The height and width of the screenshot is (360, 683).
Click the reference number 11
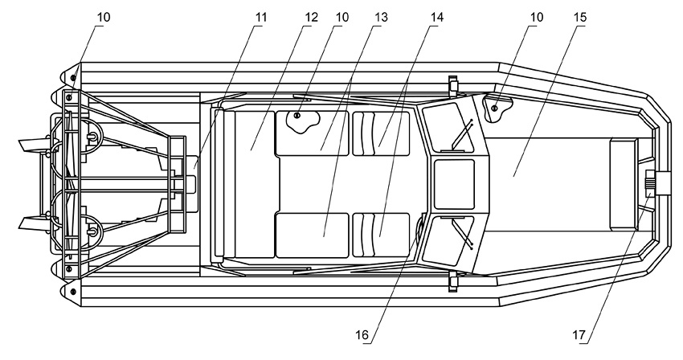(261, 18)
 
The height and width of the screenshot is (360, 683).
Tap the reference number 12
(312, 18)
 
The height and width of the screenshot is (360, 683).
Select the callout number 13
(381, 18)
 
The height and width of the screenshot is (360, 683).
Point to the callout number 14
(437, 18)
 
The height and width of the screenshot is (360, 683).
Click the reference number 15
(580, 18)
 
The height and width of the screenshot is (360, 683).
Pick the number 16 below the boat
(362, 335)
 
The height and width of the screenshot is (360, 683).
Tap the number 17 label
(579, 335)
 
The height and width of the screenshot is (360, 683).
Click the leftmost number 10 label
(104, 18)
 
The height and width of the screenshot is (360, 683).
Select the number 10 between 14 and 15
(537, 18)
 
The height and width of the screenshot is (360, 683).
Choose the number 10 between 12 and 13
(342, 18)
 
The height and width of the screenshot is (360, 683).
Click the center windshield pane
(454, 184)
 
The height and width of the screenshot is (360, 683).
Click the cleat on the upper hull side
(453, 86)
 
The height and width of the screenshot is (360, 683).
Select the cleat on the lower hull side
(453, 281)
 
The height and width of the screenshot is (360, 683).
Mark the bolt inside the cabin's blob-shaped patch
(297, 116)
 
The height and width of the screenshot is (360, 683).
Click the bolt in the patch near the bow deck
(494, 108)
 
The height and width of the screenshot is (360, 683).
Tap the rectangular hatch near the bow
(624, 184)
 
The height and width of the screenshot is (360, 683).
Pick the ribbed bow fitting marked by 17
(649, 184)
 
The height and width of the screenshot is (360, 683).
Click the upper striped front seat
(381, 133)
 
